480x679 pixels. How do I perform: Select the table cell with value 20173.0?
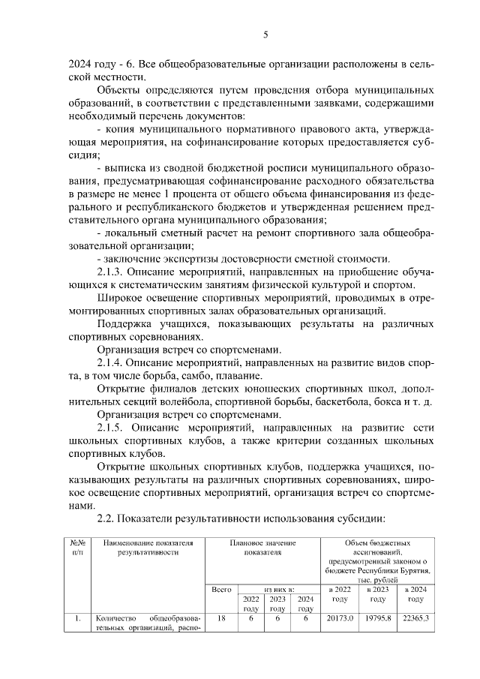[340, 619]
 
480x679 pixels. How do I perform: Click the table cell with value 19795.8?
[378, 619]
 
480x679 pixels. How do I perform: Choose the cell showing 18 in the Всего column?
[221, 619]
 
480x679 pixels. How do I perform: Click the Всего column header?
[221, 590]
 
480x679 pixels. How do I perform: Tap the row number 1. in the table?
[78, 619]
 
